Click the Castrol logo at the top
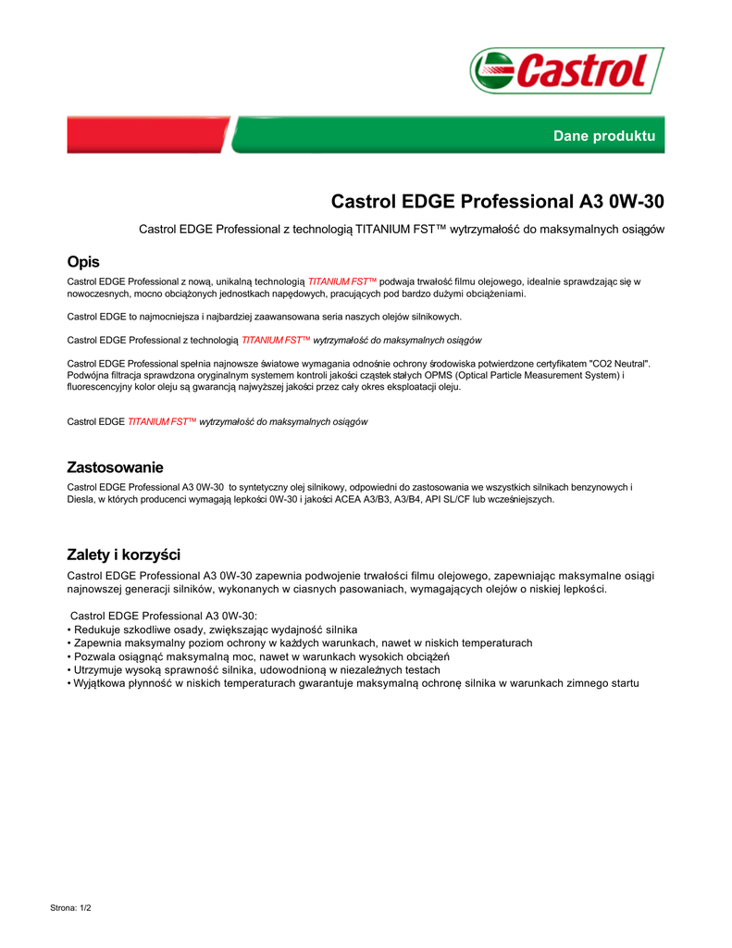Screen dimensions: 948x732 click(566, 71)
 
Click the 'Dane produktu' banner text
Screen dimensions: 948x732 click(603, 136)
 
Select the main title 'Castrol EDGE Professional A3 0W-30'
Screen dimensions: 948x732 click(497, 201)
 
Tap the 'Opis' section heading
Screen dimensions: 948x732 click(83, 262)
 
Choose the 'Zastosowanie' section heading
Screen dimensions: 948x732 click(115, 467)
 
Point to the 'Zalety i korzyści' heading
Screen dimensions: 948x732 click(123, 555)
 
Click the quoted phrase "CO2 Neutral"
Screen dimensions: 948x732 click(619, 364)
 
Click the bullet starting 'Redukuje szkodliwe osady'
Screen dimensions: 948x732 click(212, 630)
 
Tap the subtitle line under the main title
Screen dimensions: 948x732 click(401, 228)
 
